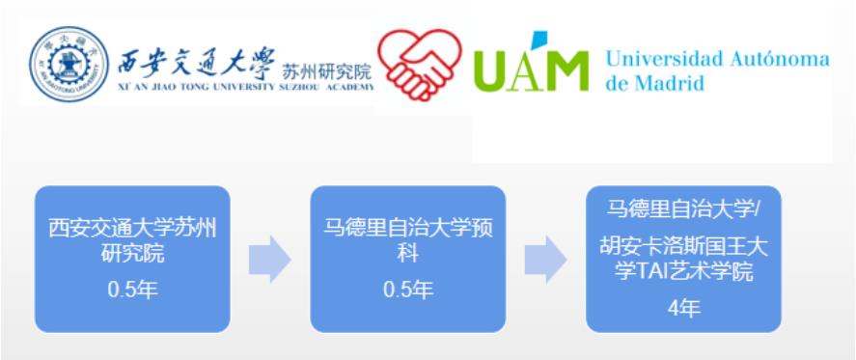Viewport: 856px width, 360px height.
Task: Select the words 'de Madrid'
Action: point(654,83)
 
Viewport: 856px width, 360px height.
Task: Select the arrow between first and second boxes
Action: point(270,260)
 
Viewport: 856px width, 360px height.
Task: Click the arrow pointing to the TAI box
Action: point(545,260)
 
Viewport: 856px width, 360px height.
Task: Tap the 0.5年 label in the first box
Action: point(132,290)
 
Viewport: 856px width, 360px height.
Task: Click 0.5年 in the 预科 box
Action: point(407,290)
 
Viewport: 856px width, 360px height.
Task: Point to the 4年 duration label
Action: point(683,309)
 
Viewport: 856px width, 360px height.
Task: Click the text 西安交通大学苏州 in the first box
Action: point(132,229)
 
